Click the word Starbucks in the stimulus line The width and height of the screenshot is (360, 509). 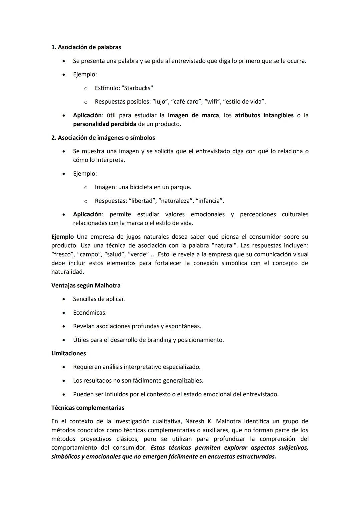[137, 88]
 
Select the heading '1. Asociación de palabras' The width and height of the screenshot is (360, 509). [86, 47]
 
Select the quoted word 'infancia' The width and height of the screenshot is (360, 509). [209, 201]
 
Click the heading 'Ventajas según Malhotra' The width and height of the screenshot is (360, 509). [86, 286]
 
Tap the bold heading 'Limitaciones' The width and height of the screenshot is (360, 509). [68, 353]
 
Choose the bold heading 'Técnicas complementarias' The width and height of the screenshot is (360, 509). [88, 408]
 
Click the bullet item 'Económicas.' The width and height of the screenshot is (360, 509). [90, 313]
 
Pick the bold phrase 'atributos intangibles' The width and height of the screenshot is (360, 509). [264, 115]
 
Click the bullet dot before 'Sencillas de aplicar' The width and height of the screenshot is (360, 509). [63, 299]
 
